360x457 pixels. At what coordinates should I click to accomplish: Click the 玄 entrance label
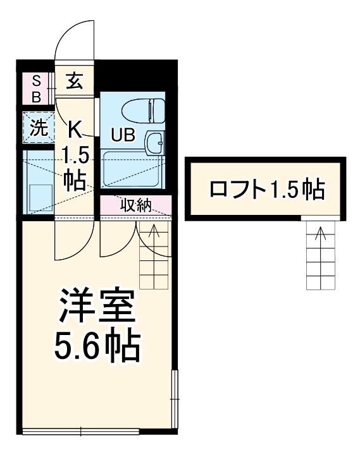pyautogui.click(x=75, y=81)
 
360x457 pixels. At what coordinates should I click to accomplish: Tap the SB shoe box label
pyautogui.click(x=36, y=88)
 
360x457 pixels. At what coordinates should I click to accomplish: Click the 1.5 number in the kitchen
pyautogui.click(x=73, y=156)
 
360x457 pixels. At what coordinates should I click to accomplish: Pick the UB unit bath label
pyautogui.click(x=123, y=135)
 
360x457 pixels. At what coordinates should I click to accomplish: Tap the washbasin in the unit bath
pyautogui.click(x=154, y=143)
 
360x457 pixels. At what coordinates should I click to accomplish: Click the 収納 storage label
pyautogui.click(x=135, y=205)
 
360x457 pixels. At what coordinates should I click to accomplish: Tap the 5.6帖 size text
pyautogui.click(x=96, y=344)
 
